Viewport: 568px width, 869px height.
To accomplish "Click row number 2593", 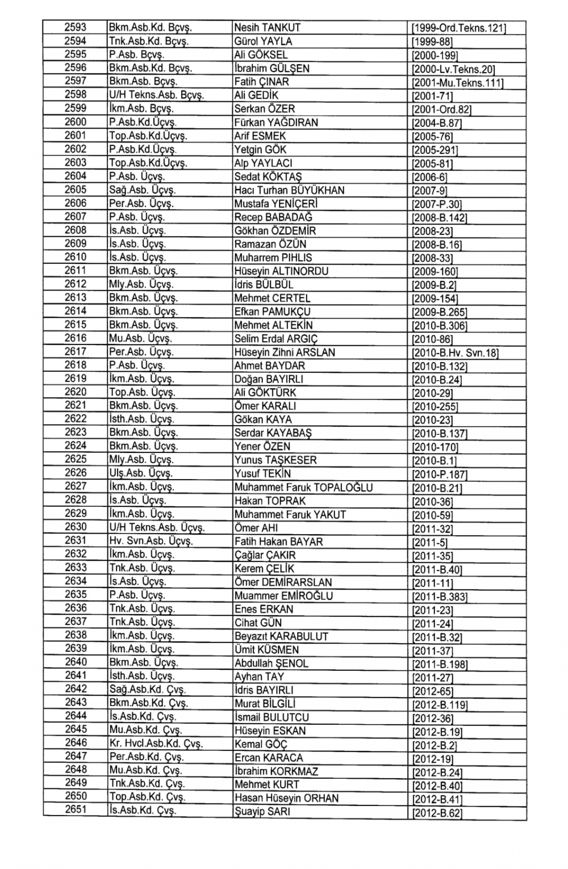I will click(75, 27).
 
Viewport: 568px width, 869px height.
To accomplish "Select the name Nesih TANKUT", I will click(267, 28).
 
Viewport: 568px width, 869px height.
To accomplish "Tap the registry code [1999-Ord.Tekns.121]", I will click(458, 28).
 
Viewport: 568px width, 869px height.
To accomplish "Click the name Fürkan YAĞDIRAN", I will click(276, 123).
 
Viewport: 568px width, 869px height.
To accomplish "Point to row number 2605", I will click(75, 190).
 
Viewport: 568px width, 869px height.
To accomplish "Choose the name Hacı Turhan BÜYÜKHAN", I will click(289, 190).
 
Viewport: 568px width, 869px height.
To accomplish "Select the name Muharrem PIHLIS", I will click(273, 258).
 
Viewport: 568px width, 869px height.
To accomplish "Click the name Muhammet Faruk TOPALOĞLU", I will click(303, 488).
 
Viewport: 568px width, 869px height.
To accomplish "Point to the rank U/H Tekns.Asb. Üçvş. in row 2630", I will click(157, 528).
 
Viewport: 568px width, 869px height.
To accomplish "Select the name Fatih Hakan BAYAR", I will click(278, 541).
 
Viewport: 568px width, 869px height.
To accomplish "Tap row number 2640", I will click(75, 662).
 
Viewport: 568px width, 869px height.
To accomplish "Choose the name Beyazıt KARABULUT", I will click(281, 636).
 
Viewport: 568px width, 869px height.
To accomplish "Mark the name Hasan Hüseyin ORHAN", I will click(286, 798).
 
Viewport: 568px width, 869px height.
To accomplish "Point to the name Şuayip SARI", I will click(262, 812).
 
